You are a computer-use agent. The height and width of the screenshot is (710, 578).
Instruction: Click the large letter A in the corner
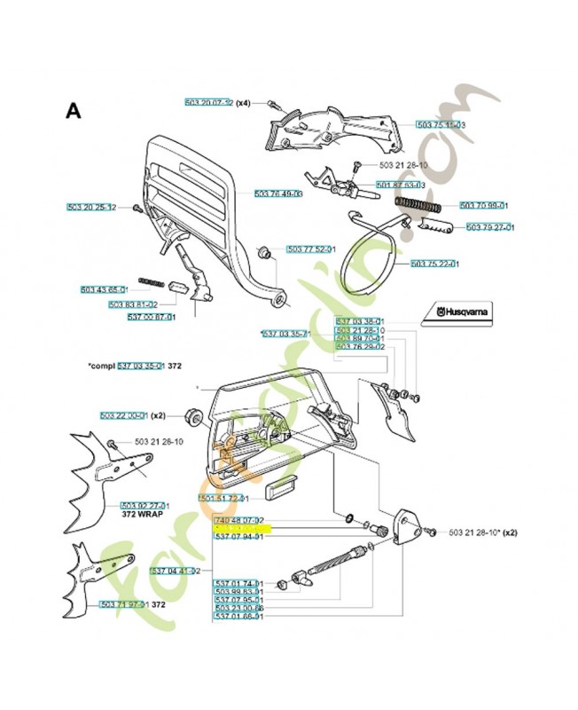(x=74, y=111)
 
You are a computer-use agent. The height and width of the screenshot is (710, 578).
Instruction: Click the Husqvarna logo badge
(x=457, y=312)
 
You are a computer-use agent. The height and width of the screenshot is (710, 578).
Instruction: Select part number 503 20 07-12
(x=207, y=103)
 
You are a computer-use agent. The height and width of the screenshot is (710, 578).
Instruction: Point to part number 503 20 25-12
(x=91, y=207)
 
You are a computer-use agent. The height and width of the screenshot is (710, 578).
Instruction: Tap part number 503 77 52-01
(x=310, y=249)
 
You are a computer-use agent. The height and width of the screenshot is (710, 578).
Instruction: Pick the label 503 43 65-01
(x=104, y=289)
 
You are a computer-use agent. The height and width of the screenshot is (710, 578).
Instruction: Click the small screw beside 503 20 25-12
(x=137, y=208)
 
